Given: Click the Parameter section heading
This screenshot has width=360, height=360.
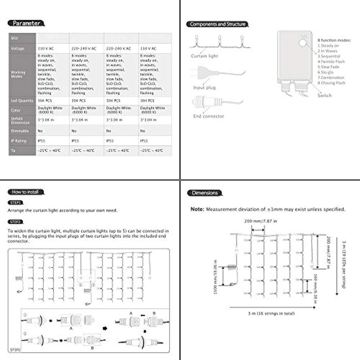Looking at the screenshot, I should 26,24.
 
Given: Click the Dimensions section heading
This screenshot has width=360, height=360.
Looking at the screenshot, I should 205,193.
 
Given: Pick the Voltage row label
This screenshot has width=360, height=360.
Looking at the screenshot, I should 18,49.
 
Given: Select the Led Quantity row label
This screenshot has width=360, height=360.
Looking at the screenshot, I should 22,101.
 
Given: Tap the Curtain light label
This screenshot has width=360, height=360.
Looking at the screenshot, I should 204,56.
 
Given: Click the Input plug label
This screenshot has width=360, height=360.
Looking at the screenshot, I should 204,88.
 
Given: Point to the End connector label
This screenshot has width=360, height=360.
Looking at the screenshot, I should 208,116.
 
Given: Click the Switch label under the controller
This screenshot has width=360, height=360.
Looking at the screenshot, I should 324,95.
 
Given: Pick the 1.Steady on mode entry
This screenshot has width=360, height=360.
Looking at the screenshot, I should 328,45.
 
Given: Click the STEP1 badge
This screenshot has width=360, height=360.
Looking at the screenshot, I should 15,203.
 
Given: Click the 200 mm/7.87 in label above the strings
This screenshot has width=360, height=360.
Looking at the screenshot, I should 260,221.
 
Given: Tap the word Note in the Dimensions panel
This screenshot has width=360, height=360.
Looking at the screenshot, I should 197,209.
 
